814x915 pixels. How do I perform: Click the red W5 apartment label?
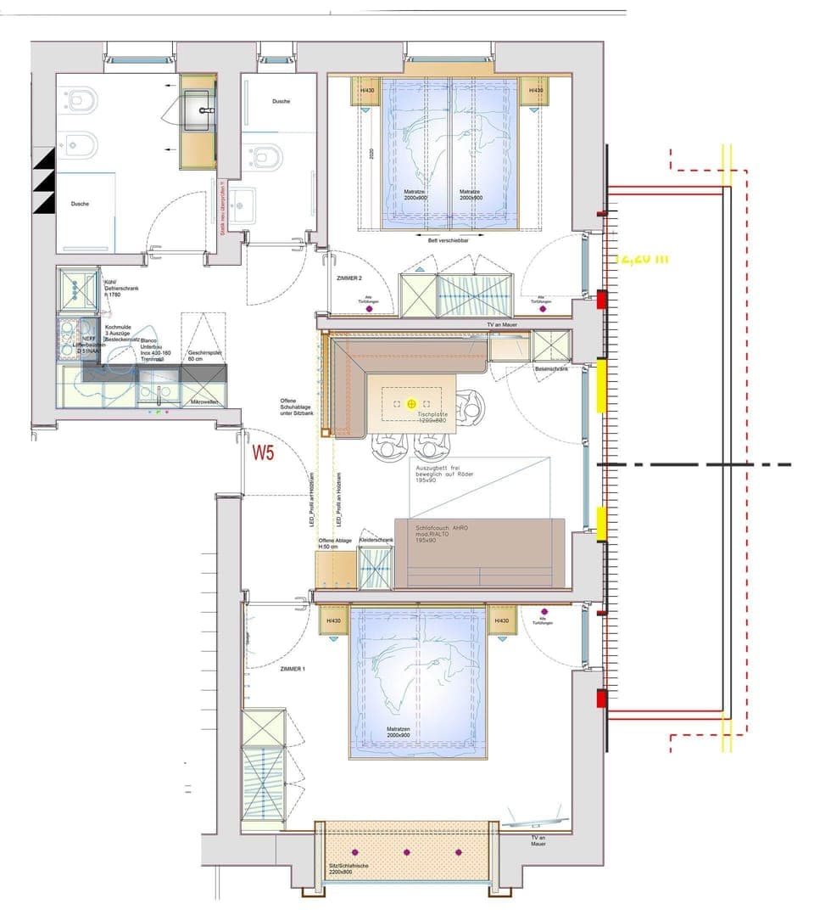tap(263, 452)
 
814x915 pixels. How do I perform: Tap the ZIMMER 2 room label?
tap(349, 278)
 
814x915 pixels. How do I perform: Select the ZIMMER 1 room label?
tap(293, 669)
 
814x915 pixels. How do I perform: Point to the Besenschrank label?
tap(551, 369)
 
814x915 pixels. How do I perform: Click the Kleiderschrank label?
tap(376, 540)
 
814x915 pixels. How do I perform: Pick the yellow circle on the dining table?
tap(411, 404)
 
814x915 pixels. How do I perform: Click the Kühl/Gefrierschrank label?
tap(120, 286)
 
